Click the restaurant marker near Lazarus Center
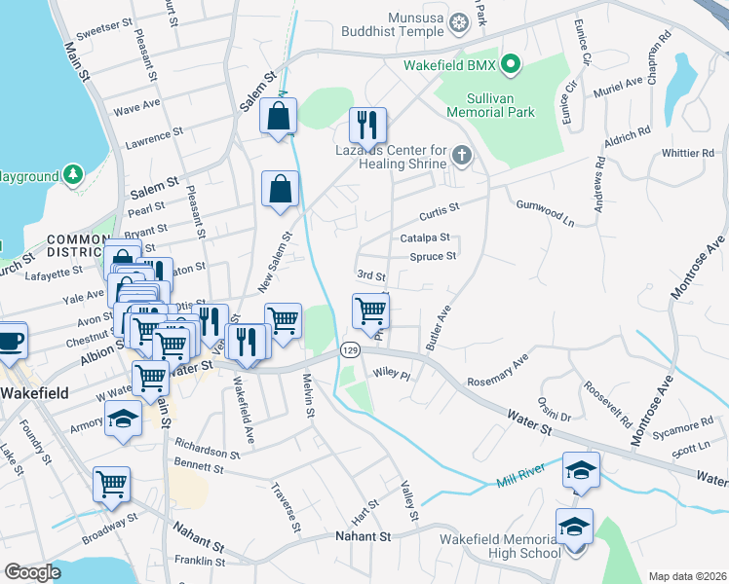(368, 124)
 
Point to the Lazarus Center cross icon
(461, 154)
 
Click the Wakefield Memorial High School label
(498, 546)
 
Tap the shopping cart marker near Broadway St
(111, 484)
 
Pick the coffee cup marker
(10, 341)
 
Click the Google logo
(33, 571)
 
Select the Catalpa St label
(424, 237)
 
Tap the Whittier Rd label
(687, 153)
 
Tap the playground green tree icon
(72, 174)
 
